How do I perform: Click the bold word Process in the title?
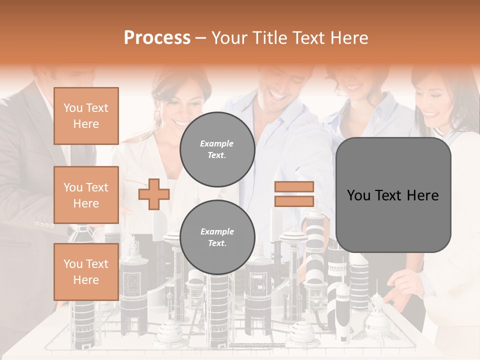[x=157, y=38]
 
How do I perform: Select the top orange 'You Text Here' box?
[x=86, y=116]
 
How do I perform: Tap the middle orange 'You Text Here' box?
[x=86, y=195]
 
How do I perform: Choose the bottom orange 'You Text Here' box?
[x=86, y=272]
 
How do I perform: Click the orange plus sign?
[x=154, y=194]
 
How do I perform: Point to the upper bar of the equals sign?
[x=294, y=187]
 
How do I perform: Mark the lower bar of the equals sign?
[x=294, y=201]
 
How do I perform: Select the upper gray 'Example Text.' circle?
[x=217, y=149]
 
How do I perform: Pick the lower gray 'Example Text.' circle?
[x=217, y=237]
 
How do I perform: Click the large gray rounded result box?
[x=393, y=195]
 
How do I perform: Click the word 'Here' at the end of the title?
[x=350, y=38]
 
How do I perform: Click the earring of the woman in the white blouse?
[x=157, y=116]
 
